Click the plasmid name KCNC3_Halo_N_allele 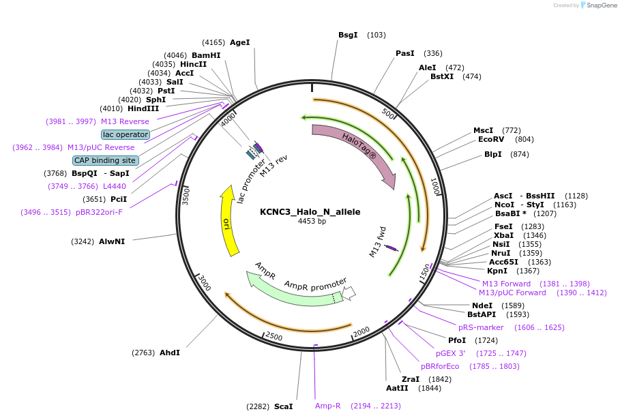(310, 211)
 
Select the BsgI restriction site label (348, 35)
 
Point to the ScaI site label (283, 406)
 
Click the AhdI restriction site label (170, 353)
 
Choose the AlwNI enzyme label (112, 241)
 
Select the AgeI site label (239, 42)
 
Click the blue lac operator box (126, 134)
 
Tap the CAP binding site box (106, 160)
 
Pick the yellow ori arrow (228, 222)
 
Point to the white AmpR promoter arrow (349, 293)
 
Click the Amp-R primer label (327, 406)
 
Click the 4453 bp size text (312, 221)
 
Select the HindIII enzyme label (143, 108)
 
